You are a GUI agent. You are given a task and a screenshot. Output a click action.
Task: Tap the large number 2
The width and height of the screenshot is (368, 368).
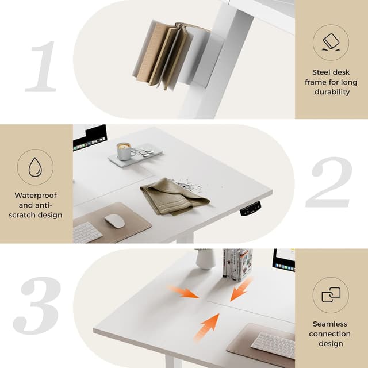point(329,182)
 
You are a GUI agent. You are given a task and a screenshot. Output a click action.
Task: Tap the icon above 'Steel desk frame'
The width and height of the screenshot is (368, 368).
point(332,42)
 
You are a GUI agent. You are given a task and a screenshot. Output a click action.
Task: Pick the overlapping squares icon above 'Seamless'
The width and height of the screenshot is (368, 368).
point(331,296)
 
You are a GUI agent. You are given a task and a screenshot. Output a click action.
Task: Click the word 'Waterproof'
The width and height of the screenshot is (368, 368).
point(36,195)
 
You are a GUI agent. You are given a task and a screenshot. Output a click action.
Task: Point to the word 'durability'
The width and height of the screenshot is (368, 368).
point(332,92)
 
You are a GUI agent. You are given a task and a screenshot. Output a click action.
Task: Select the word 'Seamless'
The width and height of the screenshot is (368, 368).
point(330,324)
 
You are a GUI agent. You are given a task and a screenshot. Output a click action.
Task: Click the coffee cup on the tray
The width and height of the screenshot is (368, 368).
point(124,151)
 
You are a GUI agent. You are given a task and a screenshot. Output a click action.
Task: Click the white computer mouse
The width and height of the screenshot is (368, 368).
point(114,221)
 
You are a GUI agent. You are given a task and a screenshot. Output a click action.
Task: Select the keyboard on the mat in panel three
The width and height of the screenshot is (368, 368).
point(274,344)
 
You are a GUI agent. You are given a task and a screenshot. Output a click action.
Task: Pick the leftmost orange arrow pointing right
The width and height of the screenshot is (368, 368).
point(183,291)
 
